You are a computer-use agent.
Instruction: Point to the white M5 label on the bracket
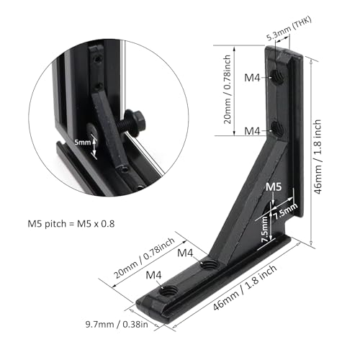click(273, 187)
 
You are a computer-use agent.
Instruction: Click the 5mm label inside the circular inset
click(83, 143)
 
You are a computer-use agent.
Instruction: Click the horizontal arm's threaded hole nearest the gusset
click(209, 265)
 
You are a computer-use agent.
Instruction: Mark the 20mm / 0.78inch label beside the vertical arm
click(225, 86)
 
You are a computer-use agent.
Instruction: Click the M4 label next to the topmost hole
click(251, 78)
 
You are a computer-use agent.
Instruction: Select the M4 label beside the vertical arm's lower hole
click(251, 131)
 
